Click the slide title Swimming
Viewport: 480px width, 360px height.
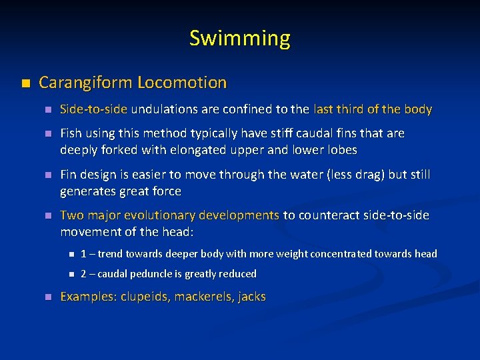point(240,38)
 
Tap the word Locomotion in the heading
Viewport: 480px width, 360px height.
point(182,83)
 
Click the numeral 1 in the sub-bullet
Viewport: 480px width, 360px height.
point(83,254)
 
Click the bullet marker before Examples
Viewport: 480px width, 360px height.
point(47,297)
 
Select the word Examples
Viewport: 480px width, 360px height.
point(87,297)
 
